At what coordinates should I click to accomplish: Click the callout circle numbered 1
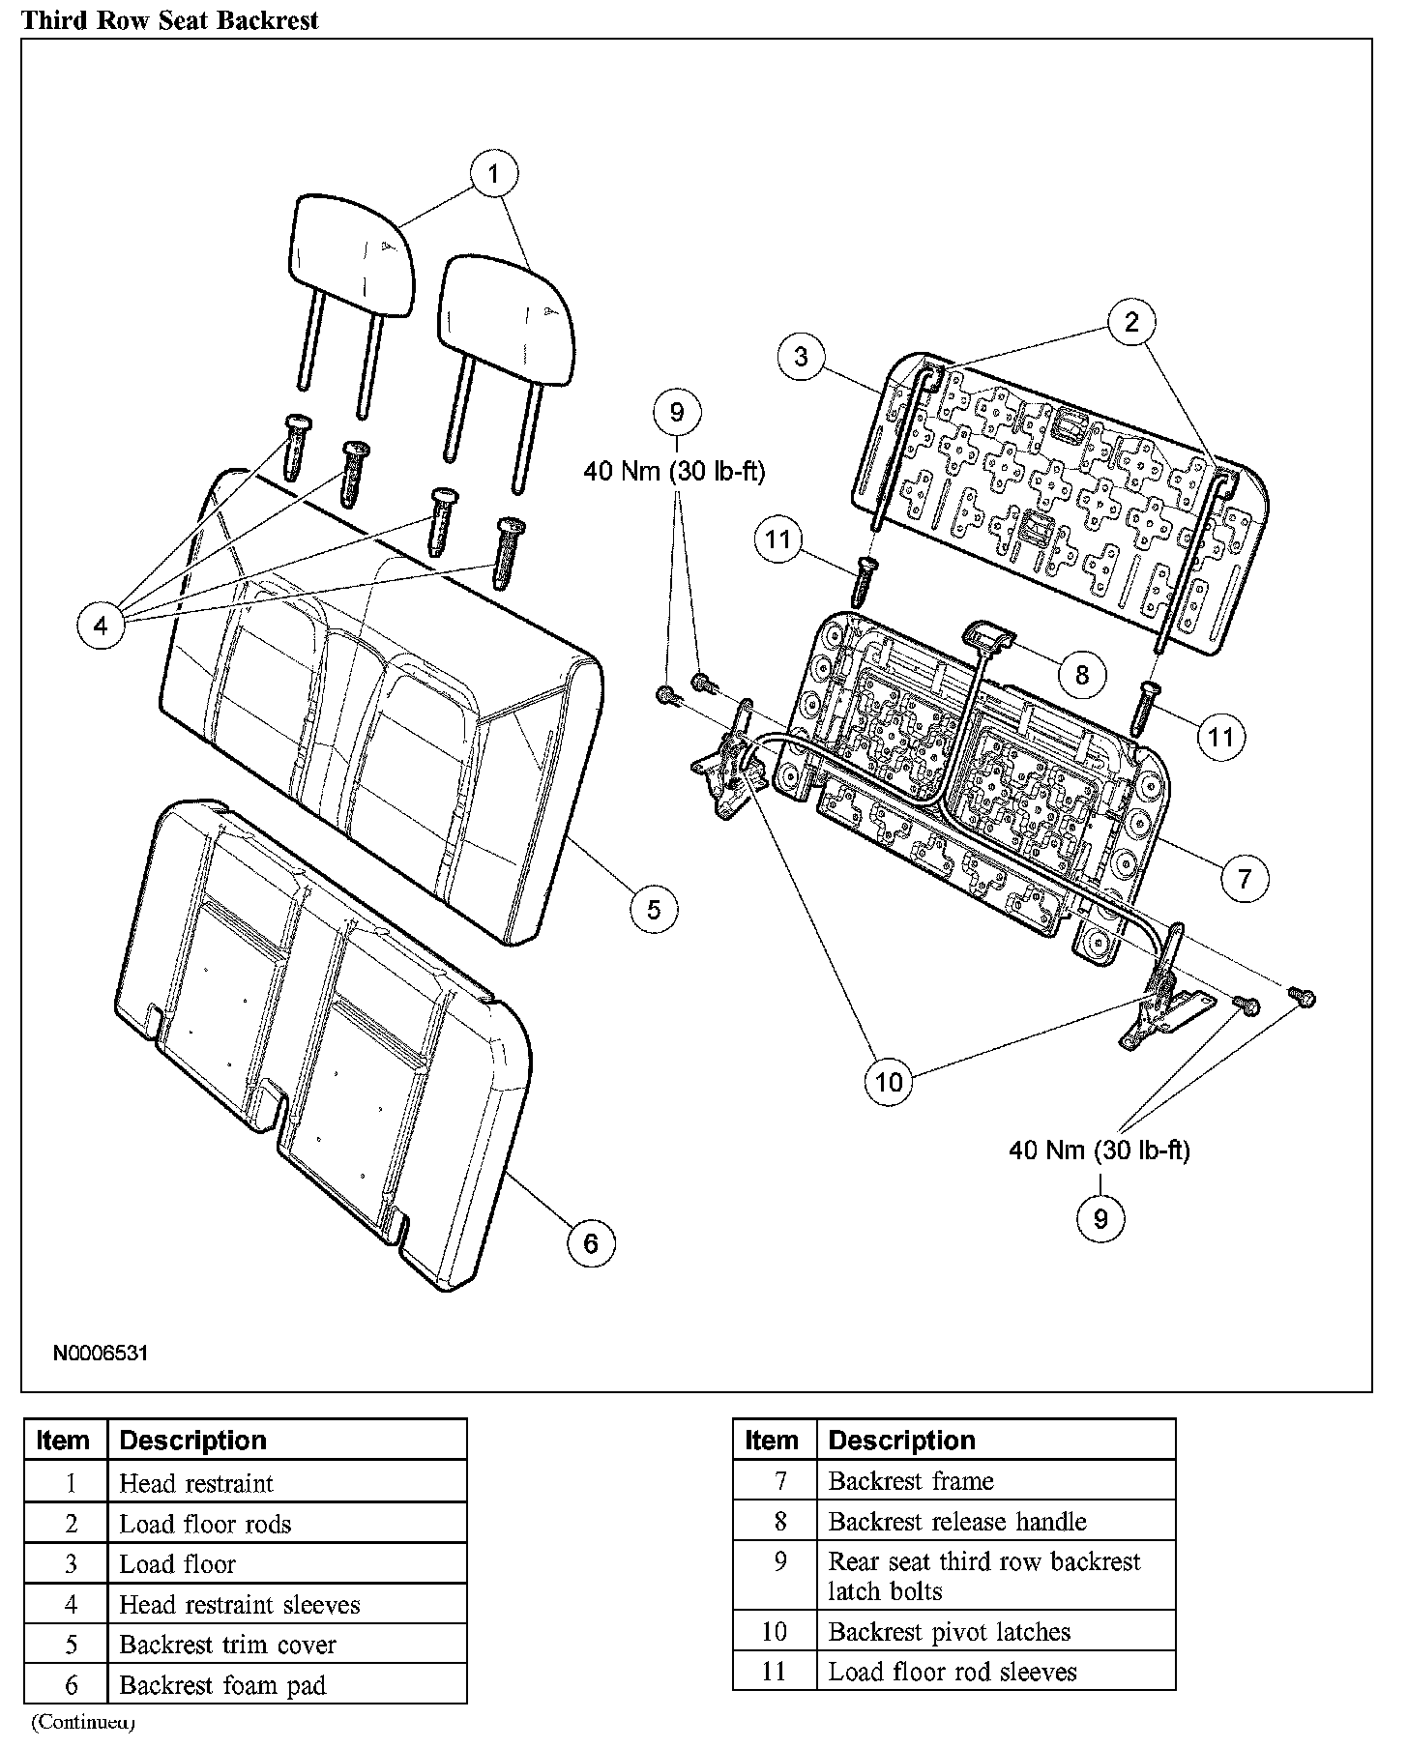[x=494, y=174]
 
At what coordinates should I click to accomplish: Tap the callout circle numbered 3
[x=801, y=357]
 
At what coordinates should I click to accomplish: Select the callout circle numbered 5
[x=654, y=909]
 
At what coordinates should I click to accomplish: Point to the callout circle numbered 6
[x=591, y=1242]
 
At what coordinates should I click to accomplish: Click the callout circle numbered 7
[x=1244, y=878]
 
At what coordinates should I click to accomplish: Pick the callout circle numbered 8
[x=1081, y=674]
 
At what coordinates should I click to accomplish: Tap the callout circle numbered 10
[x=888, y=1082]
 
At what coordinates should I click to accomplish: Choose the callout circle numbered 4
[x=102, y=626]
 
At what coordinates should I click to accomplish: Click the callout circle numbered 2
[x=1131, y=322]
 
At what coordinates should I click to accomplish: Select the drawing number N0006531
[x=101, y=1353]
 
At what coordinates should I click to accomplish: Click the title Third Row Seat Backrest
[x=170, y=20]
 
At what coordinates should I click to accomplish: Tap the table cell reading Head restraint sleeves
[x=239, y=1605]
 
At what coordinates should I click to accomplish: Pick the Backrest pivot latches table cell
[x=949, y=1632]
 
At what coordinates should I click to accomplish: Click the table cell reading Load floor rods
[x=205, y=1525]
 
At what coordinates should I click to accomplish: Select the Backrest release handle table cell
[x=957, y=1522]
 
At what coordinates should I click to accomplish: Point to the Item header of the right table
[x=772, y=1441]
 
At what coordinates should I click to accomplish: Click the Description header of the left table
[x=192, y=1441]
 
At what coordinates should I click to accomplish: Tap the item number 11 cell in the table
[x=775, y=1672]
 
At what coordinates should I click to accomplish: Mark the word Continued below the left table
[x=83, y=1722]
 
